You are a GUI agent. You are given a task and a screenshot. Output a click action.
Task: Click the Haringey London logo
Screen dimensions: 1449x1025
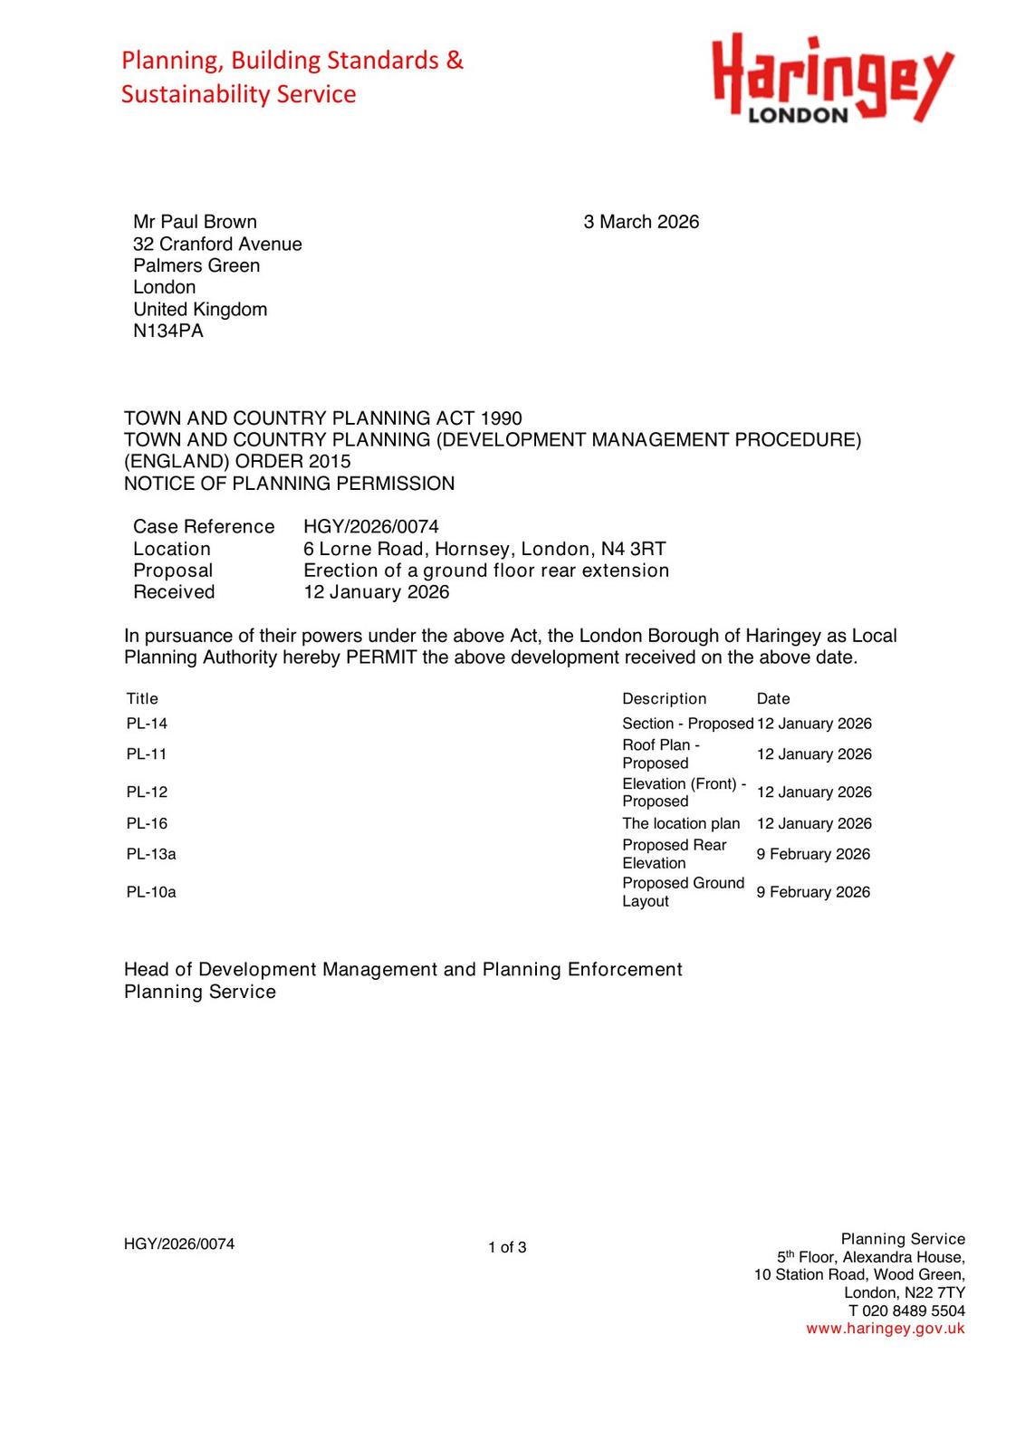coord(831,79)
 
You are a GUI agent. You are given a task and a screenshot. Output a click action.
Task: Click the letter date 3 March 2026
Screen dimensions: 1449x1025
coord(641,222)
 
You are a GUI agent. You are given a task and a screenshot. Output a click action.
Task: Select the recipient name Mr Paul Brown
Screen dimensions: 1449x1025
coord(195,222)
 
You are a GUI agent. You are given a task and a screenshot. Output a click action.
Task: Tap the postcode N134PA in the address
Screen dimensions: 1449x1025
coord(168,331)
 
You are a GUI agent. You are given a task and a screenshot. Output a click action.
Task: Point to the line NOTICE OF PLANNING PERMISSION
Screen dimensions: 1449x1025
coord(289,484)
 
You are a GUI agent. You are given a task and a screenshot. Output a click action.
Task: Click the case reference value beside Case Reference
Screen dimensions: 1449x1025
coord(370,526)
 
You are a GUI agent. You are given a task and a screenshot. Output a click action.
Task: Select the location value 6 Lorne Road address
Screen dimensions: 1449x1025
coord(484,549)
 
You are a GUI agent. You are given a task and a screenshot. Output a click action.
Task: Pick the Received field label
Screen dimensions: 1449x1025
coord(174,592)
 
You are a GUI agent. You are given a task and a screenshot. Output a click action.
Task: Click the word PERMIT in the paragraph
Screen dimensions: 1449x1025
coord(381,657)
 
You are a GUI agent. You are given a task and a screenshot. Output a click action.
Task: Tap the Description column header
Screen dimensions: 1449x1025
coord(664,698)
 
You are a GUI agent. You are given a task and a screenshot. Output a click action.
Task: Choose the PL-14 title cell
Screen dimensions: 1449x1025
coord(147,724)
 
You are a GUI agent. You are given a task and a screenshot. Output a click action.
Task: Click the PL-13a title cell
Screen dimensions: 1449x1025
coord(151,854)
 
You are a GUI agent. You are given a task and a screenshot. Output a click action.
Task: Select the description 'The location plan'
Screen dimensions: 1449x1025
coord(681,823)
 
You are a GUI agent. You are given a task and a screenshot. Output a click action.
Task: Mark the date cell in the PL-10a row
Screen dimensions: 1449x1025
coord(813,892)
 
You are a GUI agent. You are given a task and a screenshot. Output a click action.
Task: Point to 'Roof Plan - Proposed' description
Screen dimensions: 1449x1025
coord(660,753)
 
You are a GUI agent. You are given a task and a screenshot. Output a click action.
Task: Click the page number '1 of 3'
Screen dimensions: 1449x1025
coord(507,1247)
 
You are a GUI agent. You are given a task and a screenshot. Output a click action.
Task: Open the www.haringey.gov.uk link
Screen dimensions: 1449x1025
coord(885,1329)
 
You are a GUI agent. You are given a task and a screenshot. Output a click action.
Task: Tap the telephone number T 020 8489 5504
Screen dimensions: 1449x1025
coord(906,1310)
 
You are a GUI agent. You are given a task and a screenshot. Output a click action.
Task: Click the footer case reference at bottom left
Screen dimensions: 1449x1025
coord(179,1244)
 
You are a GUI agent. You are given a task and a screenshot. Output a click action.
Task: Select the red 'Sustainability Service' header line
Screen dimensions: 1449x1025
coord(239,94)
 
